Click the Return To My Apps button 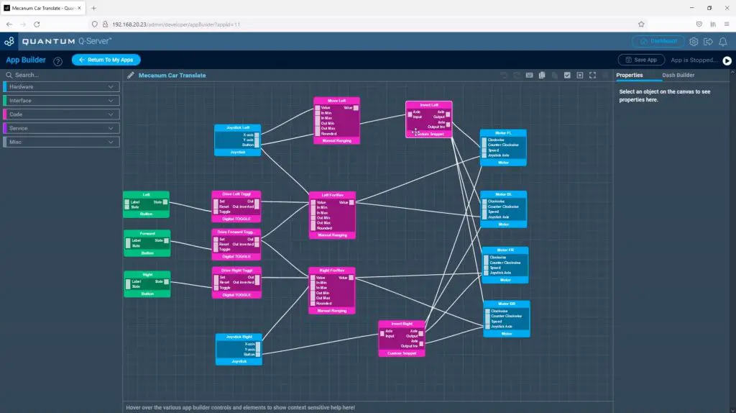pyautogui.click(x=106, y=60)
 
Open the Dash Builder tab pyautogui.click(x=678, y=75)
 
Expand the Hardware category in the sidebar pyautogui.click(x=60, y=87)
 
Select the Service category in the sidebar pyautogui.click(x=60, y=128)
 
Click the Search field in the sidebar pyautogui.click(x=60, y=75)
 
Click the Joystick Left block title pyautogui.click(x=237, y=128)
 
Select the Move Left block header pyautogui.click(x=336, y=101)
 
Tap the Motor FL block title pyautogui.click(x=503, y=132)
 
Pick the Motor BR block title pyautogui.click(x=507, y=304)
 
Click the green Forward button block pyautogui.click(x=147, y=233)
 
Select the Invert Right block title pyautogui.click(x=402, y=324)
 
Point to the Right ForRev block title pyautogui.click(x=331, y=271)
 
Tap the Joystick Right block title pyautogui.click(x=239, y=337)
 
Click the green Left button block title pyautogui.click(x=146, y=194)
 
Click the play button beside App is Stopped pyautogui.click(x=727, y=60)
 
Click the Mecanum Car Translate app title pyautogui.click(x=172, y=75)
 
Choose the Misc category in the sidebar pyautogui.click(x=60, y=142)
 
